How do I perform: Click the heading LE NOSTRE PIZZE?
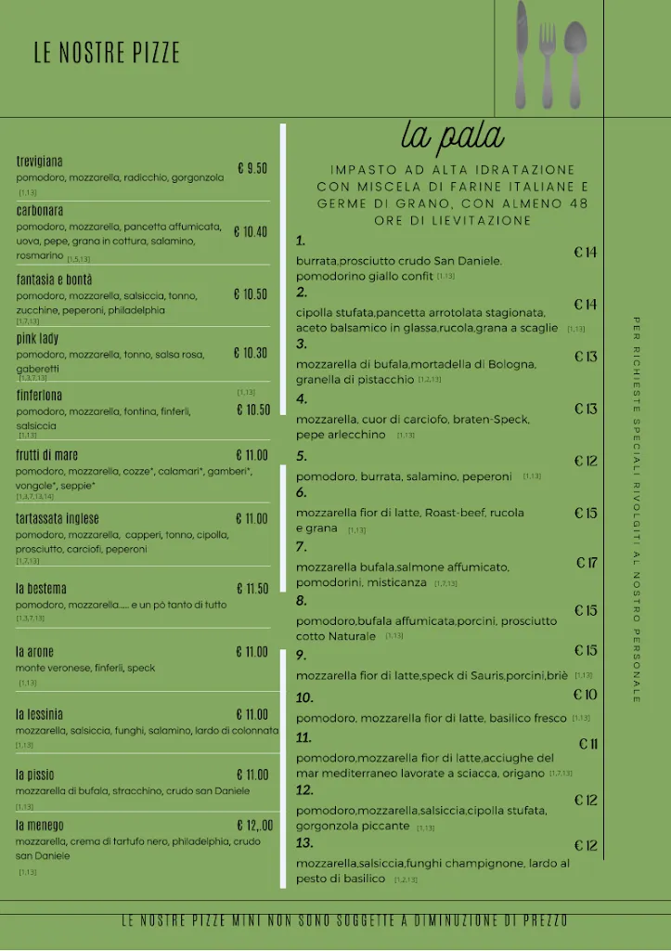tap(107, 53)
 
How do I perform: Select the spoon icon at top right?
tap(575, 59)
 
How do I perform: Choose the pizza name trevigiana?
tap(40, 162)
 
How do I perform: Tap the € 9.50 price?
tap(252, 168)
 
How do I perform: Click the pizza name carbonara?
tap(40, 211)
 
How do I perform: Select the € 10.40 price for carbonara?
tap(250, 232)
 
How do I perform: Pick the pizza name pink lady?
tap(37, 338)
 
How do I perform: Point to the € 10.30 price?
tap(250, 353)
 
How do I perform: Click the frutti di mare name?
tap(47, 455)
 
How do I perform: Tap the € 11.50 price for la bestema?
tap(252, 589)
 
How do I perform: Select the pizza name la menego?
tap(40, 826)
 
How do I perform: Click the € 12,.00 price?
tap(254, 826)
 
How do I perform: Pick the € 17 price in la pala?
tap(587, 563)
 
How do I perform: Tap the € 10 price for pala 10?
tap(585, 695)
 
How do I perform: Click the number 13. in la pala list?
tap(304, 843)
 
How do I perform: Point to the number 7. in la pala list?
tap(302, 547)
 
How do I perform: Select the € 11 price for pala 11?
tap(588, 744)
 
